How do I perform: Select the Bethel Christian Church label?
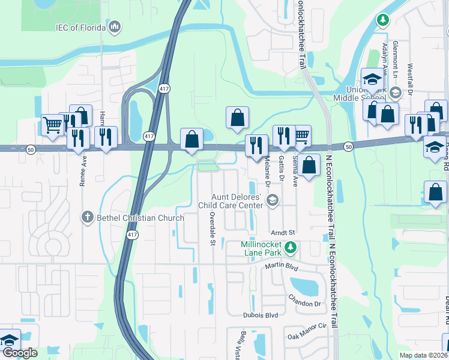pos(140,218)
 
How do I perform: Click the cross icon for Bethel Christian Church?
pos(88,217)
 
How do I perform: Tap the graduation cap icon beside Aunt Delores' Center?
pos(272,201)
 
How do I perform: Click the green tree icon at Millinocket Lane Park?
pos(291,247)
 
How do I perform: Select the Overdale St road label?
pos(212,229)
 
